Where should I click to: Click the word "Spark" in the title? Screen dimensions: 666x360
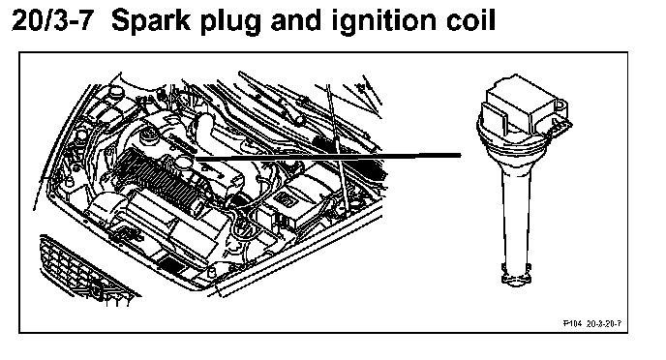tap(151, 20)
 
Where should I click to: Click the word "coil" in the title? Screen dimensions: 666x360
tap(471, 20)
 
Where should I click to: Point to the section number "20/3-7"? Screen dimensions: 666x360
tap(52, 20)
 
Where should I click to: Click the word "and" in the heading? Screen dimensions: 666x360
tap(296, 20)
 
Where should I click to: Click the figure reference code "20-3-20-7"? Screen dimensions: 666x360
tap(604, 324)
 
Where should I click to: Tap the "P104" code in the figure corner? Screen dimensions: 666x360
tap(572, 324)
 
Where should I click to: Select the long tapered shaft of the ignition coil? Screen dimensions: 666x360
tap(516, 212)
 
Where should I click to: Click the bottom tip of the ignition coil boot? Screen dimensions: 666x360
tap(516, 278)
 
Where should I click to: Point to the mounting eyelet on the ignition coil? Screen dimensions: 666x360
tap(561, 104)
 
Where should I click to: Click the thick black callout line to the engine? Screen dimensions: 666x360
tap(328, 157)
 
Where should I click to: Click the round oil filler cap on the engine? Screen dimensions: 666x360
tap(184, 164)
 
